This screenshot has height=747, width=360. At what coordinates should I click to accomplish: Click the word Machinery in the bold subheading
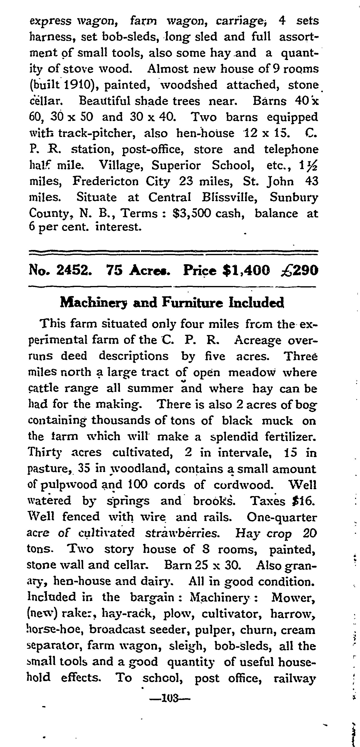tap(94, 303)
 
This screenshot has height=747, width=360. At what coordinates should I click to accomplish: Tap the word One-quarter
tap(282, 517)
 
